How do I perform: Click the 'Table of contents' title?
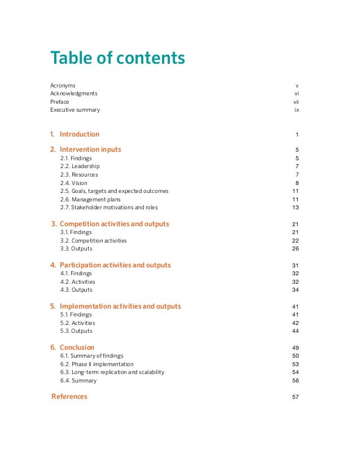tap(117, 58)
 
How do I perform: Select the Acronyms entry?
tap(63, 86)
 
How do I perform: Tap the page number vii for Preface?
tap(296, 102)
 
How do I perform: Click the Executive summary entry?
tap(75, 110)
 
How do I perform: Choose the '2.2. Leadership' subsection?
tap(80, 167)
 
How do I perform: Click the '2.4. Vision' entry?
tap(74, 183)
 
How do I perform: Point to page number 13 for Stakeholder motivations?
tap(295, 208)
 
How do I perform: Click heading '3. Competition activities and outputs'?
tap(110, 224)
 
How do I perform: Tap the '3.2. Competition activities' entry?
tap(93, 241)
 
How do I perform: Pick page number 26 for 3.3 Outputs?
tap(295, 249)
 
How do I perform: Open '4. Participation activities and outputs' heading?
tap(111, 265)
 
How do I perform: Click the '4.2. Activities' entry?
tap(77, 282)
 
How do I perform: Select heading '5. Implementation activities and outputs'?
tap(116, 306)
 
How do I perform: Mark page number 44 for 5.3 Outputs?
tap(295, 331)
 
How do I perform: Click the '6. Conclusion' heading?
tap(72, 348)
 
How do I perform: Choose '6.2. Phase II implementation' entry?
tap(96, 364)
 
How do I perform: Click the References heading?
tap(69, 397)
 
